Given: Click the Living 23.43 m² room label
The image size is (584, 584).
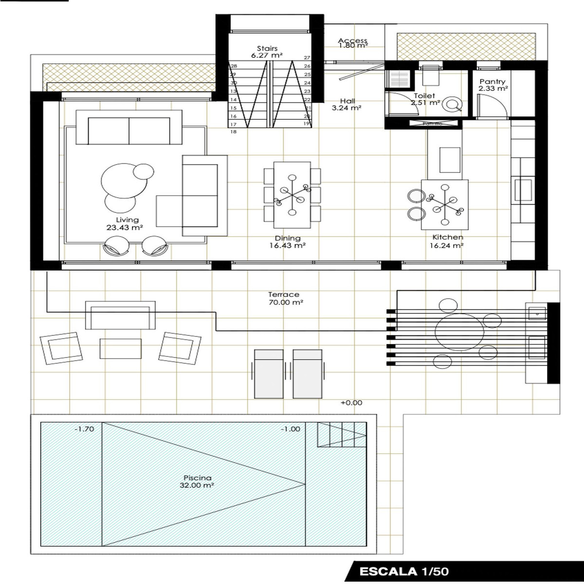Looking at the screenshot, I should point(124,223).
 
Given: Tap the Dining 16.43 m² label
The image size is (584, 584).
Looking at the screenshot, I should point(288,242).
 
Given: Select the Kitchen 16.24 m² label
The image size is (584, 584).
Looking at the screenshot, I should point(446,241).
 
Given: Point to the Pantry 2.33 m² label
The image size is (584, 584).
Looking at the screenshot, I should point(493,85).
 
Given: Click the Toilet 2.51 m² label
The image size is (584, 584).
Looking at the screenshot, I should point(424,99).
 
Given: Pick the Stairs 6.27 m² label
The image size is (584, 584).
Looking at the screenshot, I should point(267,52).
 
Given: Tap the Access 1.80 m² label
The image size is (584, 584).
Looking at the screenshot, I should point(353,43).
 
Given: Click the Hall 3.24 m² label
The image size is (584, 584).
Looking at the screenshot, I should point(347,105).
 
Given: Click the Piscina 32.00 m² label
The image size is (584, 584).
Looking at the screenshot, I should point(198,481).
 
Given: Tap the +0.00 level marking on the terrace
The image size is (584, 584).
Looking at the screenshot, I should point(351,403).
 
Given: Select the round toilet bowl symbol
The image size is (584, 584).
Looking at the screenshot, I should point(453,104).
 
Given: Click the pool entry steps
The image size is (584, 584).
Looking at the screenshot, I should point(342,434).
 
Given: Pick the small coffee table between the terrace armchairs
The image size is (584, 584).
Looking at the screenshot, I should point(120,348).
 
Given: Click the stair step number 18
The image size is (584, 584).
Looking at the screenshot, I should point(233,132).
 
